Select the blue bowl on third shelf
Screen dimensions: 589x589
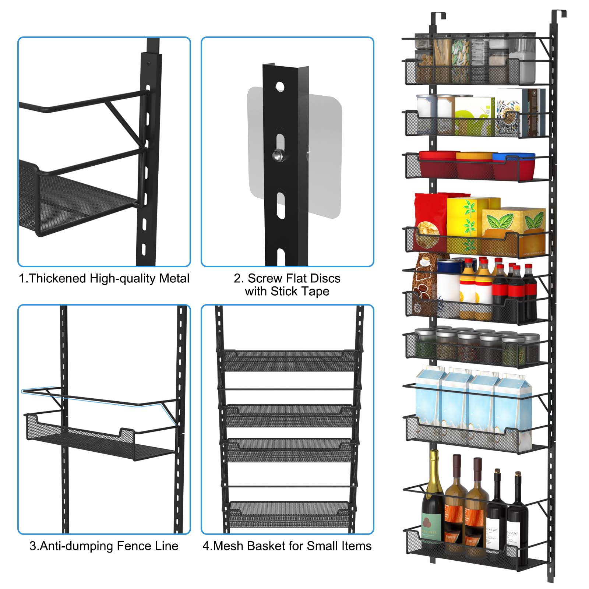click(514, 165)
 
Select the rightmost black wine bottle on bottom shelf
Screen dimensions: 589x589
click(518, 515)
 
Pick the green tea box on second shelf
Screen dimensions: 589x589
click(473, 116)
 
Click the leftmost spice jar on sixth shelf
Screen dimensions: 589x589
click(423, 344)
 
